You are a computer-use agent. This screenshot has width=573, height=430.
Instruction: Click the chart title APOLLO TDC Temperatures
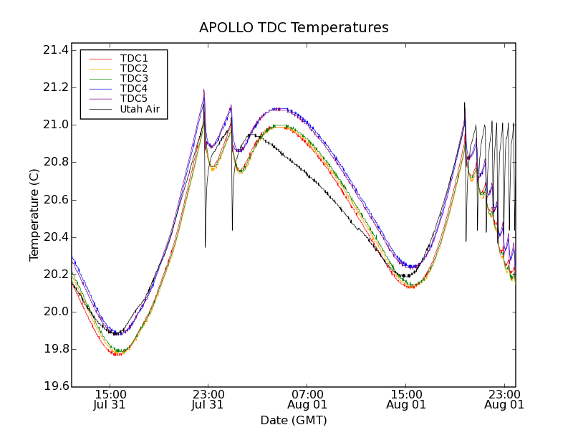[294, 28]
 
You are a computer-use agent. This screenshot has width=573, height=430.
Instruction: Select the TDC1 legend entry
[134, 58]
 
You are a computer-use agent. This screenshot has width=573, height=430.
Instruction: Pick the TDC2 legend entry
[134, 68]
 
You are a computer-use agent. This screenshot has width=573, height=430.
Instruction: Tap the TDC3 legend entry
[134, 78]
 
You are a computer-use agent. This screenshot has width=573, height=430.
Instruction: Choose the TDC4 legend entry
[134, 88]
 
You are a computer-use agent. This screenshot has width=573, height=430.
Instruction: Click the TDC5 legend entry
[134, 98]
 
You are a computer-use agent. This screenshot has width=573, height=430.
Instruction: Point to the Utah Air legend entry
[140, 109]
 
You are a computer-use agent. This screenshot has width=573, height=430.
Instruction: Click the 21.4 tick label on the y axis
[55, 50]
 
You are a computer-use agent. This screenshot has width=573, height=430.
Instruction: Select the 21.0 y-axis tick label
[55, 125]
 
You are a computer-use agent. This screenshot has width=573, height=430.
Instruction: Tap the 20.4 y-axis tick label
[55, 237]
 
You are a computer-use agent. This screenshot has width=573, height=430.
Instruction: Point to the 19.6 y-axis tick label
[55, 387]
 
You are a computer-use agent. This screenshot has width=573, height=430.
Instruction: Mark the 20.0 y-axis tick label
[55, 312]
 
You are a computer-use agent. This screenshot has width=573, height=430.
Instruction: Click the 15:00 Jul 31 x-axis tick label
[110, 399]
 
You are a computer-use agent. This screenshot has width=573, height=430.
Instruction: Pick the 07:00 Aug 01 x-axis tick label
[307, 399]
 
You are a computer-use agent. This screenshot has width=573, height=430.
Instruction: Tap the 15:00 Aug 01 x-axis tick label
[406, 399]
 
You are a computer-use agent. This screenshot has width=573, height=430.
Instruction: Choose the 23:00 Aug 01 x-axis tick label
[504, 399]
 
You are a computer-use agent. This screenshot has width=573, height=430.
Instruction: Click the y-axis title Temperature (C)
[34, 215]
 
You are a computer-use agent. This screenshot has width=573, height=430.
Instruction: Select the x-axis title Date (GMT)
[294, 420]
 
